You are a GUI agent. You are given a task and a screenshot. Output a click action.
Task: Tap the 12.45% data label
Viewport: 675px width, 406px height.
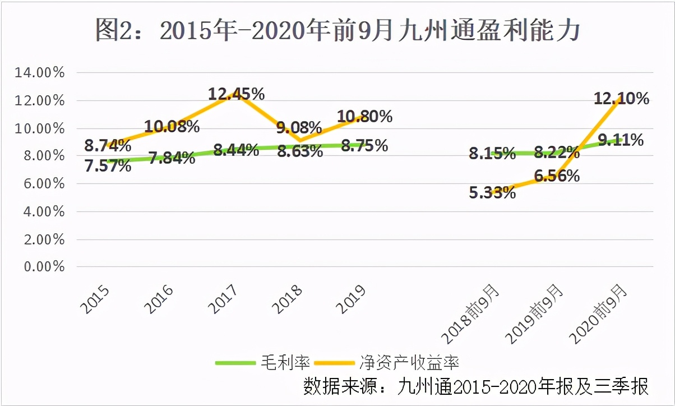click(x=236, y=94)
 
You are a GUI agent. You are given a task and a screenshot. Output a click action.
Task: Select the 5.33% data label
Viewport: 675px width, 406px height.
click(x=492, y=193)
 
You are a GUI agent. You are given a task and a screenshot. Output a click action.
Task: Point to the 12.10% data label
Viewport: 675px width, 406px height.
click(x=622, y=99)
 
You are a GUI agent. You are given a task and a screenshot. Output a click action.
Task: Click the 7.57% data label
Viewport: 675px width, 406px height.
click(x=108, y=166)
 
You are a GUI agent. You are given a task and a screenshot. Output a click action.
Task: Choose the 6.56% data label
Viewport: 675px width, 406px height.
click(x=557, y=176)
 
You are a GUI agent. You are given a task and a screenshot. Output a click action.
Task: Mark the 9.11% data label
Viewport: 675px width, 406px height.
click(x=621, y=140)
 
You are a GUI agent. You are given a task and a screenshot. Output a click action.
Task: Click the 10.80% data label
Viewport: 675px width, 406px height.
click(x=364, y=117)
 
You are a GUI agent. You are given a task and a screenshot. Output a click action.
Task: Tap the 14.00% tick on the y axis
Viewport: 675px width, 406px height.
click(x=40, y=73)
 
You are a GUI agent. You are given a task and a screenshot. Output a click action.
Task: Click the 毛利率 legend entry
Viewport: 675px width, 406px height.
click(x=263, y=362)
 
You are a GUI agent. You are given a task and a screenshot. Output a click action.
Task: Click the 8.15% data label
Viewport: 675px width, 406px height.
click(x=492, y=154)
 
